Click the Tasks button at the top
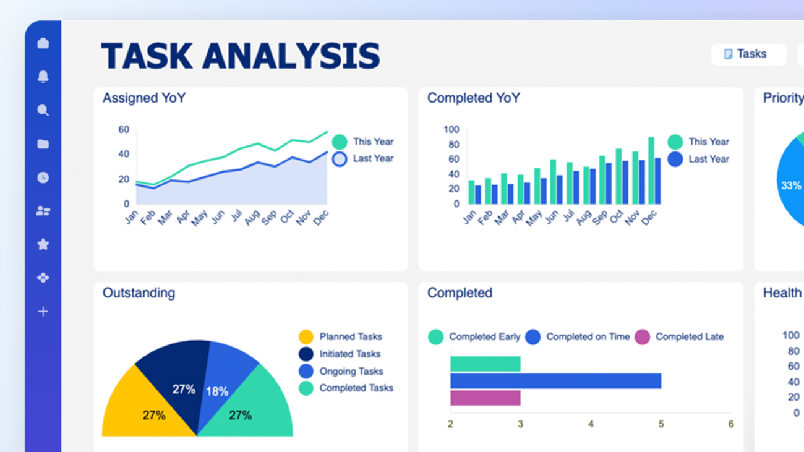tap(748, 54)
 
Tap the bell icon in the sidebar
tap(43, 77)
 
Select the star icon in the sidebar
tap(43, 244)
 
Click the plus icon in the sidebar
tap(43, 312)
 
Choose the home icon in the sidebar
tap(43, 43)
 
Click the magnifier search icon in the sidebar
tap(43, 111)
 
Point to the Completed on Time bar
tap(555, 381)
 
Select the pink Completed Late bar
tap(485, 398)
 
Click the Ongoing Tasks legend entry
tap(350, 371)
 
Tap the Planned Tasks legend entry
tap(350, 337)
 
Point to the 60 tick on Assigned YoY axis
tap(124, 130)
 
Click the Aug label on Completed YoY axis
tap(584, 218)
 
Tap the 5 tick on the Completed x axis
tap(661, 424)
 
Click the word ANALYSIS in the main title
tap(291, 56)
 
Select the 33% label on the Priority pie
tap(791, 185)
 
